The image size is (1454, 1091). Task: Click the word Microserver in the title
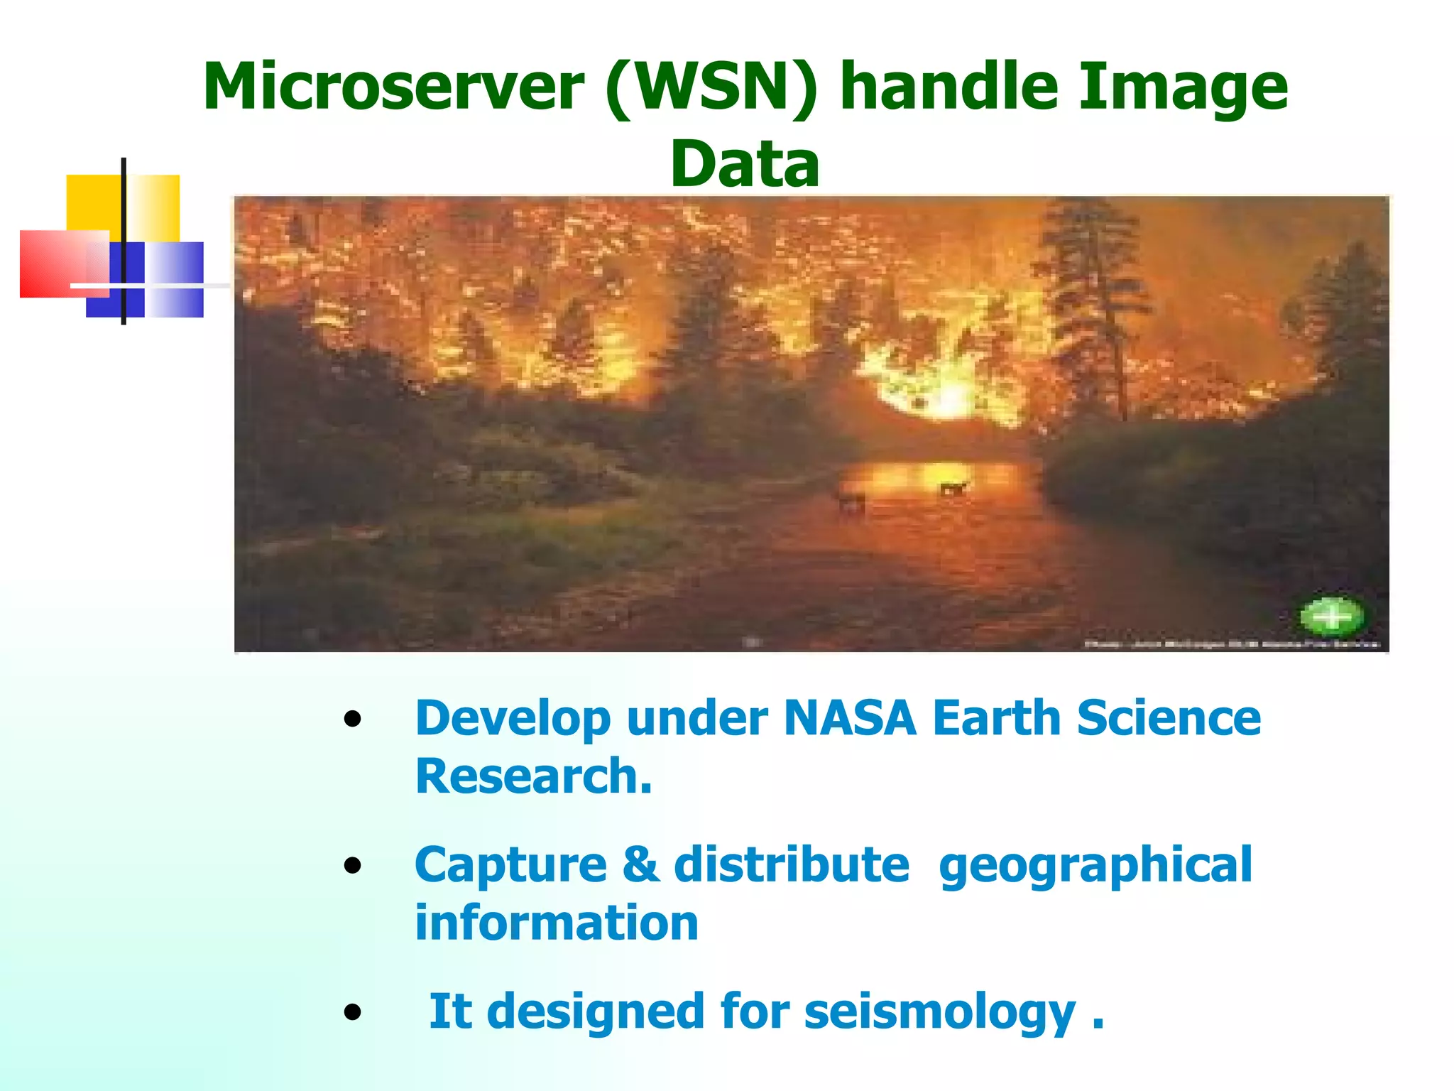393,87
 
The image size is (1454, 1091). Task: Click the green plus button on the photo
1332,616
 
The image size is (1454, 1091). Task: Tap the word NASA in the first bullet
850,718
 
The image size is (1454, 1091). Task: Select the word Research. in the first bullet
533,776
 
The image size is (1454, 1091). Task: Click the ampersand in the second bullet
640,865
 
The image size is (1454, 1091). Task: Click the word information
557,923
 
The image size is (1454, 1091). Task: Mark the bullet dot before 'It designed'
352,1012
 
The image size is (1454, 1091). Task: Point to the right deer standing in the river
952,488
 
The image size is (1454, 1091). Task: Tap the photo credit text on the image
1231,645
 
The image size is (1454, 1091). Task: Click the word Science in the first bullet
1169,718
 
